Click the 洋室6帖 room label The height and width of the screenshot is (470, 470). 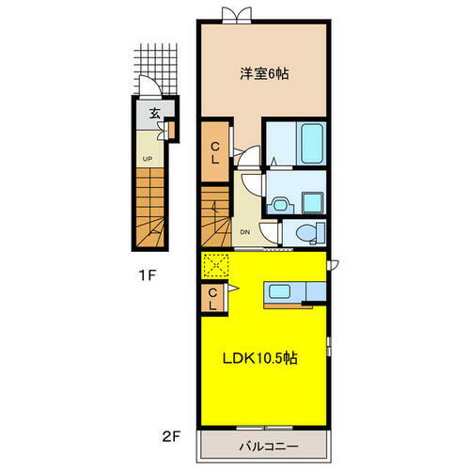pos(264,74)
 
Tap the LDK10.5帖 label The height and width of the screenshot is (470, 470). pos(259,358)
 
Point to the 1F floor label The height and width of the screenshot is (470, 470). pos(148,275)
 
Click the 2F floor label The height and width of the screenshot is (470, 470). pos(171,437)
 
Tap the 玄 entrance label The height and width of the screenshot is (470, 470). pos(154,114)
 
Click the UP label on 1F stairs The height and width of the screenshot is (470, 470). pos(148,159)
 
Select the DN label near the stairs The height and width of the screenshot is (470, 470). pos(245,232)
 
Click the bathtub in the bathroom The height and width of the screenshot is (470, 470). pos(312,143)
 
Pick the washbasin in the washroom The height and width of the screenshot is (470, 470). pos(280,205)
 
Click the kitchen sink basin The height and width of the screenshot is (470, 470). pos(279,291)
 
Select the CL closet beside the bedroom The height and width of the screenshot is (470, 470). pos(215,151)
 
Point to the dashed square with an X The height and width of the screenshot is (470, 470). pos(215,266)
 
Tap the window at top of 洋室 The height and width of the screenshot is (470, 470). pos(237,15)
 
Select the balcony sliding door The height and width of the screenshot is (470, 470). pos(264,428)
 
